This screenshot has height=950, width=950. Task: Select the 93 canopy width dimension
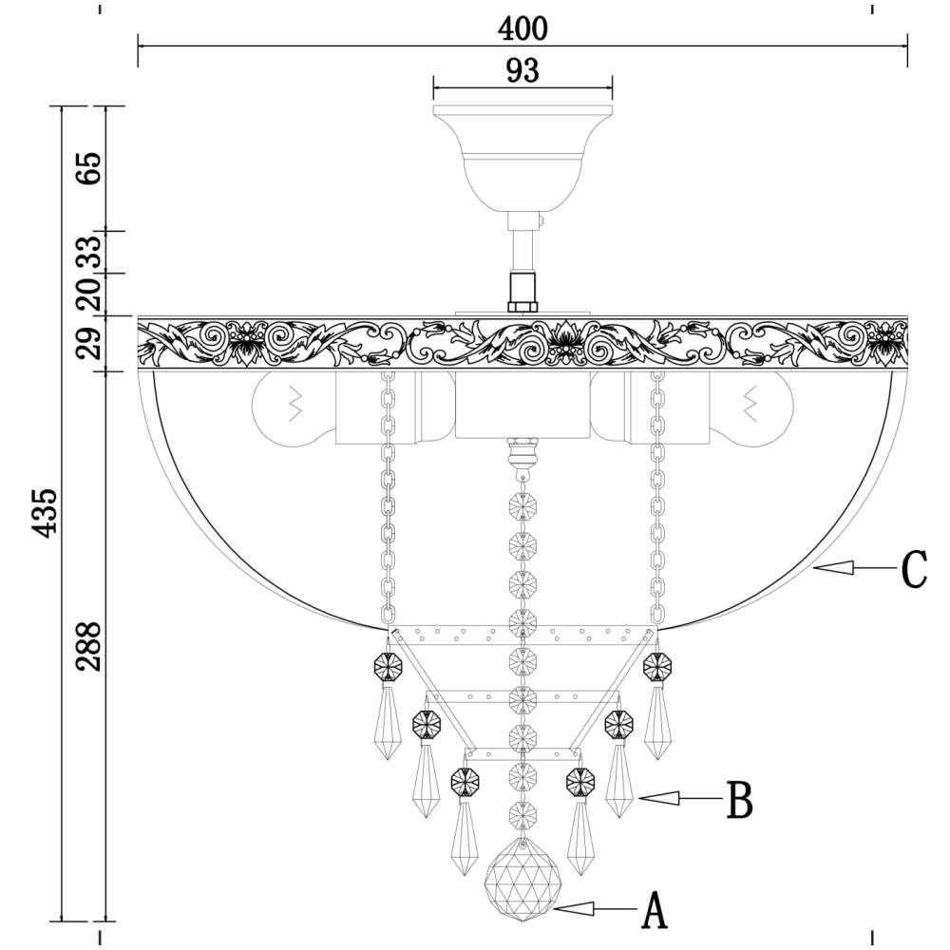pos(522,71)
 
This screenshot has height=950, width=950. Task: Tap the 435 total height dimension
pos(45,513)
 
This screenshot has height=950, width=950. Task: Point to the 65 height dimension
pos(89,168)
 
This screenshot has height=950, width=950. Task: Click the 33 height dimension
pos(89,253)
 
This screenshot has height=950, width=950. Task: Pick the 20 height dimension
pos(89,294)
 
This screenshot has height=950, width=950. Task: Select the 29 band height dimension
pos(89,343)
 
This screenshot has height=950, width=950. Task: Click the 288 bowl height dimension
pos(88,646)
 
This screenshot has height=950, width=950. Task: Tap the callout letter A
pos(655,910)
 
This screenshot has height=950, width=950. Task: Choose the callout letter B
pos(739,800)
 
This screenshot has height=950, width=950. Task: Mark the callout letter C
pos(914,569)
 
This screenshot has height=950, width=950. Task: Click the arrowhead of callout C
pos(832,568)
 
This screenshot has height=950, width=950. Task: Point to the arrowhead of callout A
pos(573,907)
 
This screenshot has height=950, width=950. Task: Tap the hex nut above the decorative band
pos(522,293)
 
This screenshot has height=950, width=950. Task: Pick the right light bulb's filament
pos(750,404)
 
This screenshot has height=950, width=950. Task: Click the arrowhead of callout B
pos(658,799)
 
